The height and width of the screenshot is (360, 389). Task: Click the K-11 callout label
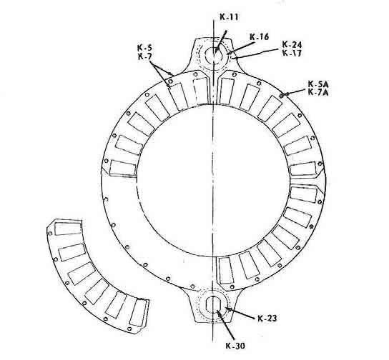coord(229,17)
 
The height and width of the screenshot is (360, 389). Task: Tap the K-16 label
coord(259,37)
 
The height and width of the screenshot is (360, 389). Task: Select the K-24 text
coord(292,45)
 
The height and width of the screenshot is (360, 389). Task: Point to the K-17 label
coord(292,53)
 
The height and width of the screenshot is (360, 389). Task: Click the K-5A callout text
coord(318,84)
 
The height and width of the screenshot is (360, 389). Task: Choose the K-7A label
coord(318,92)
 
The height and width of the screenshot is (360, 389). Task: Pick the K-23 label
coord(267,318)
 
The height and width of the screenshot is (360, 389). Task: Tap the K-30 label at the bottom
coord(235,346)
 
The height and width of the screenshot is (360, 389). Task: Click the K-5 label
coord(145,47)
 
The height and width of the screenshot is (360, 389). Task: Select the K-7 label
coord(144,56)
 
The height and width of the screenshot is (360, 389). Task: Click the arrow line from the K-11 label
coord(220,41)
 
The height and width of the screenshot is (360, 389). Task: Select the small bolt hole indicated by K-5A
coord(282,96)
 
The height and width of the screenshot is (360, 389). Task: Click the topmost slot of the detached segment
coord(68,229)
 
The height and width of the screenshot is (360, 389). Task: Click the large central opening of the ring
coord(213,180)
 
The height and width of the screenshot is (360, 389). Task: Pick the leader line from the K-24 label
coord(256,54)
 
